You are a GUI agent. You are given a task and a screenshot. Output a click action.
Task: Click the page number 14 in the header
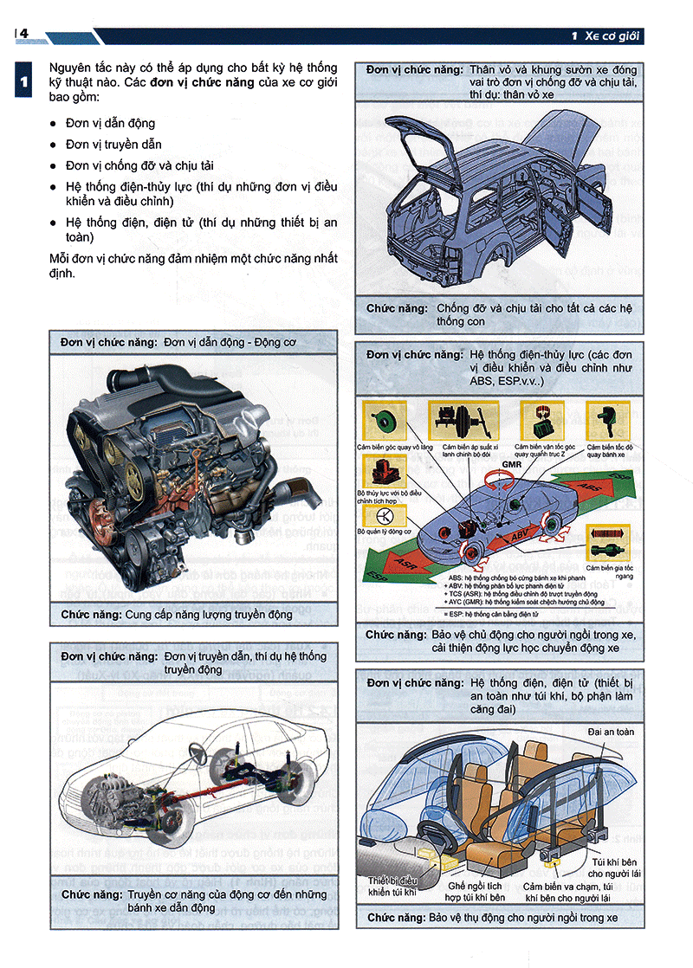[23, 34]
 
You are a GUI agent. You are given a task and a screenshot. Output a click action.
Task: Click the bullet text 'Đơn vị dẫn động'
[110, 123]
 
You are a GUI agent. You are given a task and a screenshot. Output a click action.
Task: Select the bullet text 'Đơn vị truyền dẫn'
[113, 144]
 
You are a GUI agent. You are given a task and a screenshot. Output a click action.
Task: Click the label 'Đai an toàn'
[611, 732]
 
